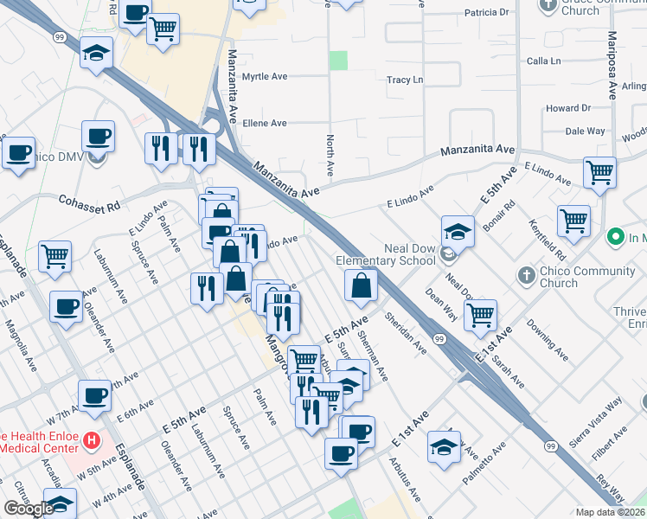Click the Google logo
click(x=28, y=509)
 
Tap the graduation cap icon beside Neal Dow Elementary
click(x=458, y=232)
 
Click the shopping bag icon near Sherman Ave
click(x=360, y=285)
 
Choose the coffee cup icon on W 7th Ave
click(x=95, y=396)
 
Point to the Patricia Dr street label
click(x=486, y=13)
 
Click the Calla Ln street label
click(x=544, y=61)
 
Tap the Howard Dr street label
click(x=567, y=108)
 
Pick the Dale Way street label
click(x=585, y=131)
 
